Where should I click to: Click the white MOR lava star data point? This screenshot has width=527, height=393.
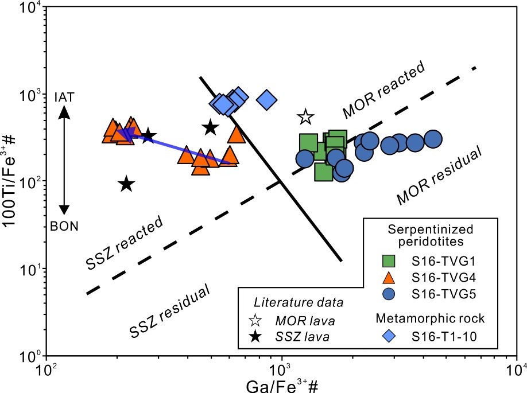[305, 118]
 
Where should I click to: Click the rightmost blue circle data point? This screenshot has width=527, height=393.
[434, 139]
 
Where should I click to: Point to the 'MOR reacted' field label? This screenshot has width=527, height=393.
[383, 88]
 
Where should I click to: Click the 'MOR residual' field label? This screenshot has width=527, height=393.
[438, 177]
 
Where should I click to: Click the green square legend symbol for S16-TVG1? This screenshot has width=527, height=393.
[390, 261]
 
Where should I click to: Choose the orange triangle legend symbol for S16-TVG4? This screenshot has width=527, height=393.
[390, 278]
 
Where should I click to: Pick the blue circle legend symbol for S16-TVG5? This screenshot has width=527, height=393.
[390, 294]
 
